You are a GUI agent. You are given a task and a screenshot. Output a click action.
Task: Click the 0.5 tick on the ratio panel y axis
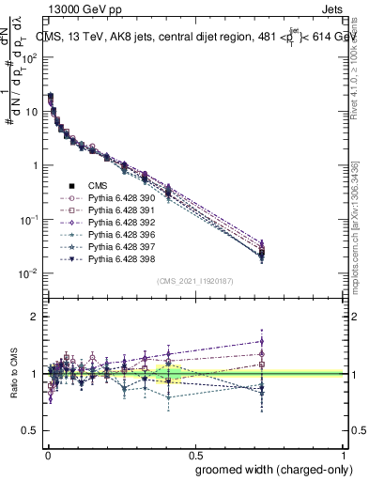coord(29,430)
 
